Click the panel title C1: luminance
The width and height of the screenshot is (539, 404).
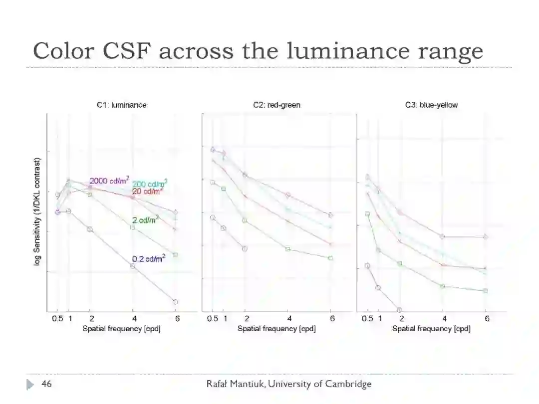(x=122, y=105)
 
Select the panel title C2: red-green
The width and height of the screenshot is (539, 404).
(x=276, y=105)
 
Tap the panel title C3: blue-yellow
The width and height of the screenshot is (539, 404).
(x=431, y=105)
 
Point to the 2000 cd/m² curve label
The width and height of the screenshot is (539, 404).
(x=109, y=180)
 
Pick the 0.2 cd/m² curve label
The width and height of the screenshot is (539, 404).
(x=149, y=259)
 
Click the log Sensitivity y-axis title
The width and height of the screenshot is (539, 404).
(x=37, y=212)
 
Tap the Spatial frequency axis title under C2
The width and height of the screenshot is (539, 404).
(x=276, y=329)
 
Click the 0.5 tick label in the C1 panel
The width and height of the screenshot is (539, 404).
(x=57, y=319)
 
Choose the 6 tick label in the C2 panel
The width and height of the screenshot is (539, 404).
(x=332, y=319)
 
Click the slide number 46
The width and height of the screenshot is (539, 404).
(x=46, y=384)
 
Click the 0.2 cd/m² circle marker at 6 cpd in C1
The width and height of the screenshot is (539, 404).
(x=176, y=302)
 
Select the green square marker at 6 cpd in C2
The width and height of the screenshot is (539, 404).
(x=330, y=258)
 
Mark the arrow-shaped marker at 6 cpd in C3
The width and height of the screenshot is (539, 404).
(x=485, y=236)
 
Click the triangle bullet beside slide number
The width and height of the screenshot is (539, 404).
(x=30, y=384)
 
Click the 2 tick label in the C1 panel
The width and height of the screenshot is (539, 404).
(x=91, y=319)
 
